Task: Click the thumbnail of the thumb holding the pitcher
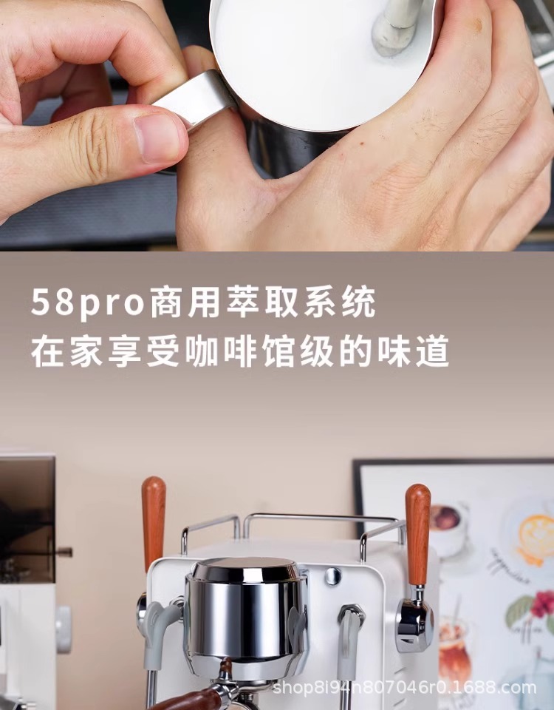[x=158, y=138]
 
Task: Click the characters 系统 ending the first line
[x=339, y=302]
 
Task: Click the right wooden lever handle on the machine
[x=418, y=534]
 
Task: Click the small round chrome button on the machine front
[x=332, y=576]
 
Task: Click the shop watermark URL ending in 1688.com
[x=404, y=688]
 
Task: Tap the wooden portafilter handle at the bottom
[x=190, y=700]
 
